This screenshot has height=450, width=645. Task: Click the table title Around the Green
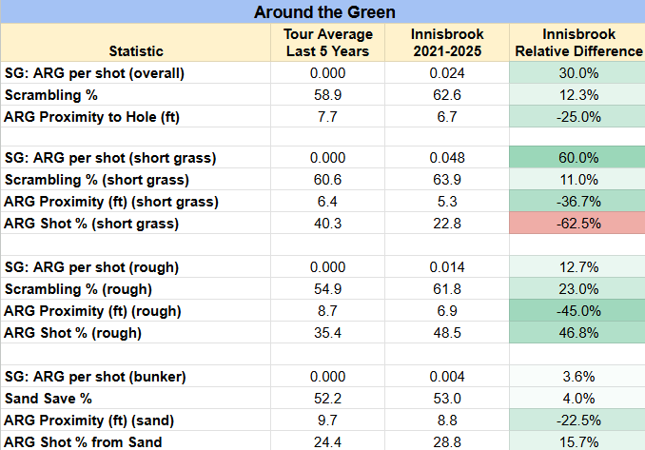coord(324,12)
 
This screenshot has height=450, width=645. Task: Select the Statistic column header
coord(136,51)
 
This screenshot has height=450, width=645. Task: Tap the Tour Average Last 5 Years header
coord(328,43)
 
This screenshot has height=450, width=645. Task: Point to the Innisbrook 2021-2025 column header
coord(447,43)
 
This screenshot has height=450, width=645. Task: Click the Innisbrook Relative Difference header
coord(578,43)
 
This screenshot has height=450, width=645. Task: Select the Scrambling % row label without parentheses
coord(51,95)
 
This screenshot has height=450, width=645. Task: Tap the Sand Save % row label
coord(49,399)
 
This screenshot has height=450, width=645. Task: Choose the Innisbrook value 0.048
coord(447,158)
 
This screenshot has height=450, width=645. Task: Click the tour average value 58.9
coord(328,95)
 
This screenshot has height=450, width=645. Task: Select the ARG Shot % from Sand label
coord(83,442)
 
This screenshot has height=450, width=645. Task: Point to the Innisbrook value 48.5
coord(447,332)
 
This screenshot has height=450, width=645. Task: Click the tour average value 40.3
coord(328,224)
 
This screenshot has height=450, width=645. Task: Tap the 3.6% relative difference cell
coord(578,377)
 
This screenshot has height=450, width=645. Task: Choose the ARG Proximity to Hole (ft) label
coord(91,117)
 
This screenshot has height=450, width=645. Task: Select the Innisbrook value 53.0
coord(447,399)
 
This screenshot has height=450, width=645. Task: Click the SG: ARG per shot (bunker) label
coord(95,377)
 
